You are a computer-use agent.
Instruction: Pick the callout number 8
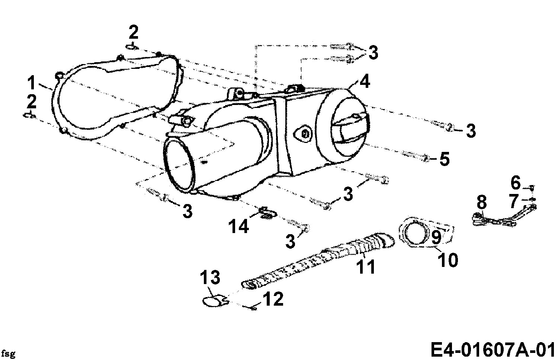482,203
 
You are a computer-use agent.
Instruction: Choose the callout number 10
448,260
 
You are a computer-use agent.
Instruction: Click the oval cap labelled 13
212,301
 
